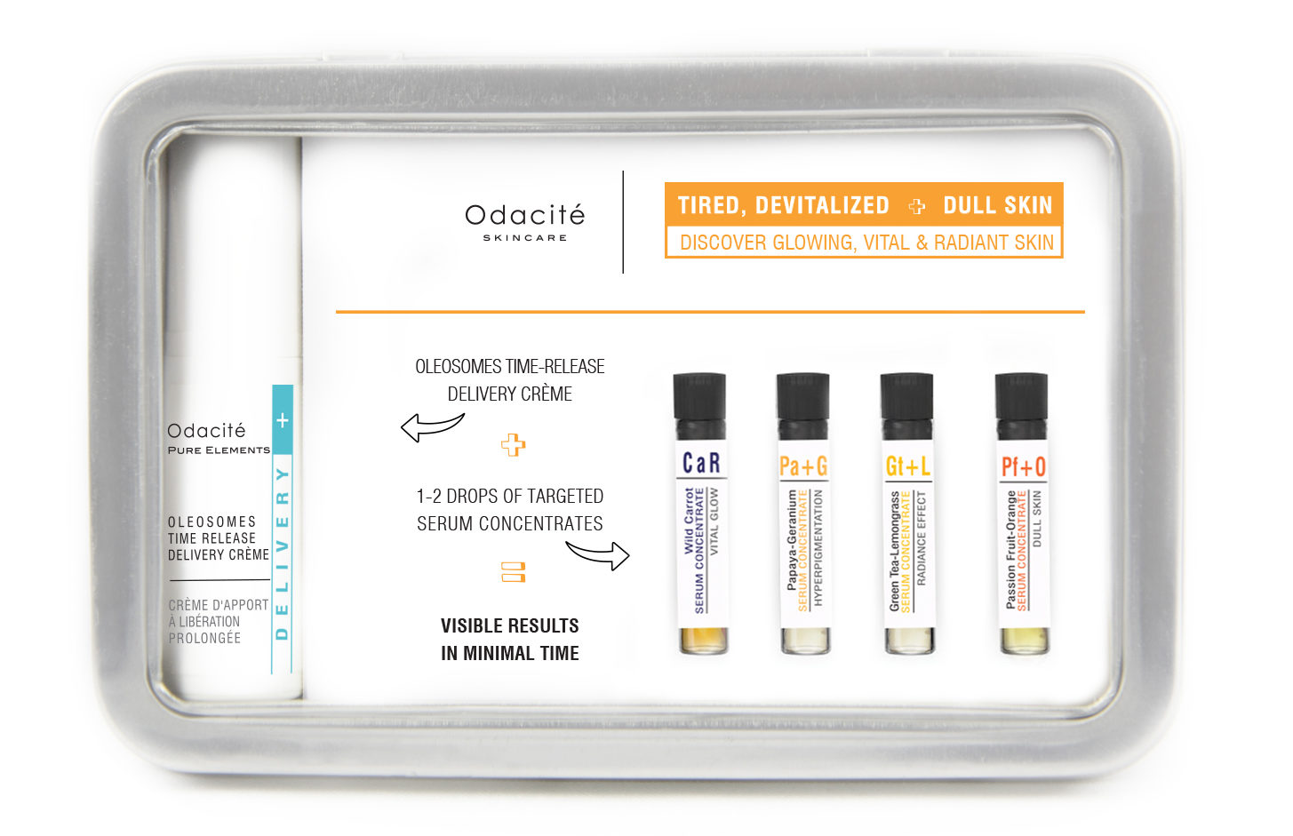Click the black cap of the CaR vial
[x=699, y=406]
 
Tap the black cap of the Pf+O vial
[x=1021, y=406]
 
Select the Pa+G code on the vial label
[x=803, y=466]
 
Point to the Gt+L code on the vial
[x=908, y=466]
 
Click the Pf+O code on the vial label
[x=1023, y=466]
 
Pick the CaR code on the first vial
[x=701, y=463]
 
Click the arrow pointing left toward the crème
[x=432, y=427]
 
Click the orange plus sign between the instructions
[x=513, y=445]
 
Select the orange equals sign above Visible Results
[x=513, y=572]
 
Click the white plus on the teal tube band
[x=283, y=420]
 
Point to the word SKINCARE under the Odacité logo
[x=524, y=238]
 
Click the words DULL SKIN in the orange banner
[x=998, y=205]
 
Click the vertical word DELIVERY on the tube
[x=283, y=553]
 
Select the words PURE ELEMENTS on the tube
[x=219, y=450]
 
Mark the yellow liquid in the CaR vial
[x=703, y=641]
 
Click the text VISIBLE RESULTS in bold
[x=510, y=626]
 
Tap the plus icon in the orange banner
[x=916, y=206]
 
